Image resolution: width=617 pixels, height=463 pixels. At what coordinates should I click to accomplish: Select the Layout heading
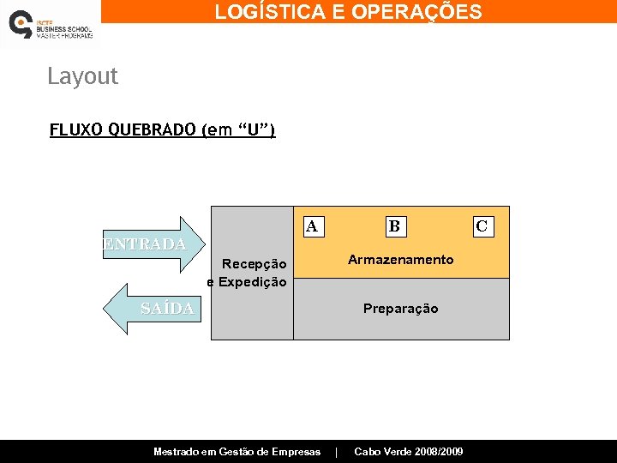click(x=82, y=76)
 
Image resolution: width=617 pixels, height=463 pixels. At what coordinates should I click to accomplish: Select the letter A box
click(x=312, y=226)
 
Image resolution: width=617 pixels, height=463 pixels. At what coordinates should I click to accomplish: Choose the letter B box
click(x=393, y=226)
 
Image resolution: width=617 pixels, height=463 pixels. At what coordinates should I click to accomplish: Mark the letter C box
click(x=482, y=226)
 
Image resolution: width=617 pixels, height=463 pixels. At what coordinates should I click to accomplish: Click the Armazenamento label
click(x=400, y=260)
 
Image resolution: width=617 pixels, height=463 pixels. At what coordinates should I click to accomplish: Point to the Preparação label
click(x=400, y=309)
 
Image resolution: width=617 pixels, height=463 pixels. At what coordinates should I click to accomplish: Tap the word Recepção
click(x=254, y=264)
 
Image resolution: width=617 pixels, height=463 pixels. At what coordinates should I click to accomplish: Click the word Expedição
click(x=253, y=282)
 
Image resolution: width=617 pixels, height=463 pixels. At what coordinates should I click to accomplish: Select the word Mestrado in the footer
click(x=177, y=452)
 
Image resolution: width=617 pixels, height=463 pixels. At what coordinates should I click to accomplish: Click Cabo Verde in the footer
click(x=383, y=452)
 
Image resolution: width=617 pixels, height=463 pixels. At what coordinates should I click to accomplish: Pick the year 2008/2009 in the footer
click(x=440, y=452)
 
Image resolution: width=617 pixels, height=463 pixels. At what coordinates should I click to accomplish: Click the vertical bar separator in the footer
click(x=337, y=452)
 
